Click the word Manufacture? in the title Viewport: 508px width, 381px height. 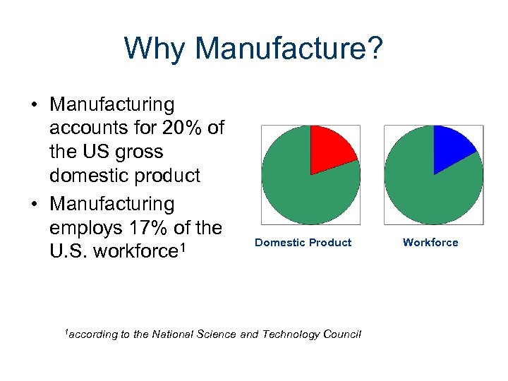[289, 49]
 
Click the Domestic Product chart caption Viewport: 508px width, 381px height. [303, 243]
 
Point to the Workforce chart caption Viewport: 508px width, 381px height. [430, 243]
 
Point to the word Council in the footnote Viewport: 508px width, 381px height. [342, 334]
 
